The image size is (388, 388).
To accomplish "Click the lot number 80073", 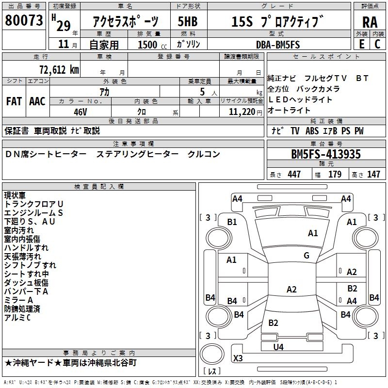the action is (24, 20).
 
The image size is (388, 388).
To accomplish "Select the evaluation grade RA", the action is (370, 22).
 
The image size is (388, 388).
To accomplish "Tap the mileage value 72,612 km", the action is (57, 70).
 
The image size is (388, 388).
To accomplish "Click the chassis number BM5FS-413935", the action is (326, 155).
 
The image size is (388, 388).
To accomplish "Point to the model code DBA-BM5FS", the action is (278, 45).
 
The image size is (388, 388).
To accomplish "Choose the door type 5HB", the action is (188, 22).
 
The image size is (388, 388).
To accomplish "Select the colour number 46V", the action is (80, 112).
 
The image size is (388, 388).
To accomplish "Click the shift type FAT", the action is (14, 101).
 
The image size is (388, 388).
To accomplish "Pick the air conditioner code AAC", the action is (37, 101).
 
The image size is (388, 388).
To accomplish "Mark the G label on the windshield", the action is (307, 256).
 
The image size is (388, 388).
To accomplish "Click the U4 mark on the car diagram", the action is (278, 347).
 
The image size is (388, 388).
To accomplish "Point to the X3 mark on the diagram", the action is (238, 358).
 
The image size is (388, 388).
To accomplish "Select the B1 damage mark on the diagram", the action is (232, 222).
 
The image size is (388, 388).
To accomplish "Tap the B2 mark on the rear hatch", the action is (274, 323).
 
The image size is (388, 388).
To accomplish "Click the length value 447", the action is (294, 175).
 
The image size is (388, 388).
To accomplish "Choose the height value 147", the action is (373, 175).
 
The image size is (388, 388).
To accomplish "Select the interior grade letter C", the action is (377, 45).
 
